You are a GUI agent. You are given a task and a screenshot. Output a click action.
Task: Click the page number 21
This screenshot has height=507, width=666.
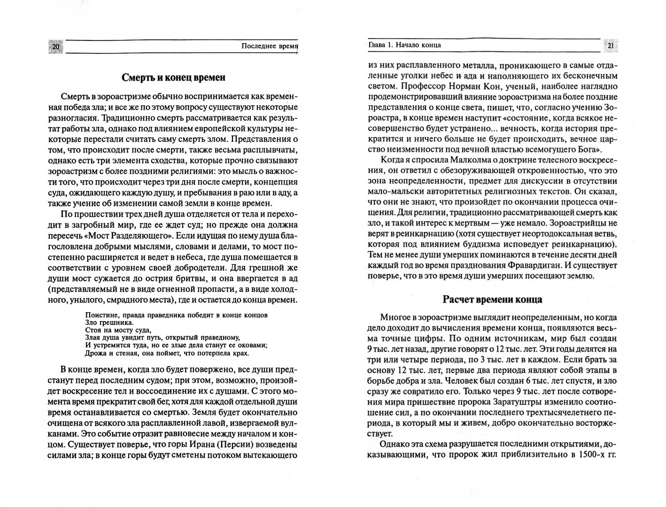click(611, 46)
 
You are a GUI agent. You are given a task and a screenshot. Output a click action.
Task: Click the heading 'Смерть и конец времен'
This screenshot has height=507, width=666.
click(174, 77)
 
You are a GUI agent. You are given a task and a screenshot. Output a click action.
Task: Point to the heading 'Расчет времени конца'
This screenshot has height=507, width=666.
click(492, 299)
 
